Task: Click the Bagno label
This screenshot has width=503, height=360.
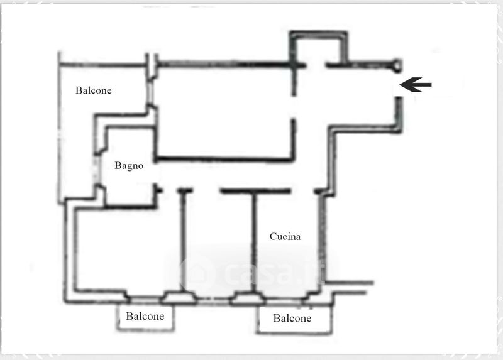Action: (x=129, y=166)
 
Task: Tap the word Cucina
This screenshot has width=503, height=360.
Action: (x=285, y=237)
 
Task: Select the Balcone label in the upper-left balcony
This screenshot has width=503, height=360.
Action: (x=93, y=90)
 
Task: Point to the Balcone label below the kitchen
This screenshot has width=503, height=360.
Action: (x=292, y=318)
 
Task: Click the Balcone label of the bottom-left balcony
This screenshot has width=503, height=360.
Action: (x=145, y=316)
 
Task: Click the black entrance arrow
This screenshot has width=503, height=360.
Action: (x=416, y=85)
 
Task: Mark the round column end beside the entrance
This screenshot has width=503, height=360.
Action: (x=397, y=65)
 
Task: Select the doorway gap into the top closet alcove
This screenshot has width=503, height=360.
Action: (x=316, y=65)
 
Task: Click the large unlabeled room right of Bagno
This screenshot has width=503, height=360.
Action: (x=224, y=112)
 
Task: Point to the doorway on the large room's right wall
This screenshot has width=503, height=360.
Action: (x=294, y=107)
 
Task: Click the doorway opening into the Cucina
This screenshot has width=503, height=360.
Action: (x=303, y=192)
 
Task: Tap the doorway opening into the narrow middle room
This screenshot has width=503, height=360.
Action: (x=207, y=191)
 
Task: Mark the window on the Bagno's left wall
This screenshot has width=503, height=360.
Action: (x=96, y=169)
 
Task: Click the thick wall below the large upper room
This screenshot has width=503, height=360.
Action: (x=224, y=159)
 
